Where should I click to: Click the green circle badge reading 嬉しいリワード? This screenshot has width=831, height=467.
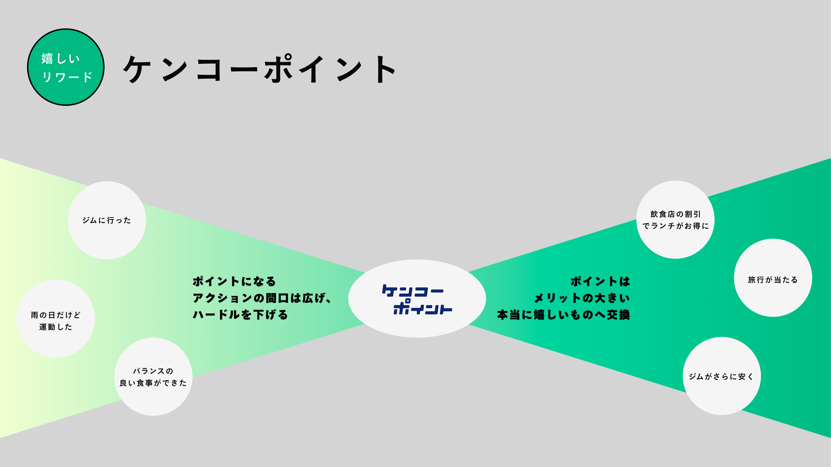click(x=66, y=67)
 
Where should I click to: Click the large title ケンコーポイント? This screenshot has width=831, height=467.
click(x=260, y=69)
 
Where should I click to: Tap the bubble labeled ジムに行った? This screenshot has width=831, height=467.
click(x=107, y=220)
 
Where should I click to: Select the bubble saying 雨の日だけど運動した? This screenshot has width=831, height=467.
click(x=55, y=318)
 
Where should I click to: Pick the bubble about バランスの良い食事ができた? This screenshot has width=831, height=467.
click(x=153, y=377)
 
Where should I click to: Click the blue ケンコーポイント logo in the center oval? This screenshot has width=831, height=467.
click(x=417, y=299)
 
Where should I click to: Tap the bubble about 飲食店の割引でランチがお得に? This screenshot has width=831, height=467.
click(x=675, y=219)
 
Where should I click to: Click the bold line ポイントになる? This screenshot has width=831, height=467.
click(x=234, y=281)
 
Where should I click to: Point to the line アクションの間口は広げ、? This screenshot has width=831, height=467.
click(x=262, y=298)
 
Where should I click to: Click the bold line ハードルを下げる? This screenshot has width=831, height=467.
click(x=240, y=315)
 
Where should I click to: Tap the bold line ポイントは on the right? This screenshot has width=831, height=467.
click(x=600, y=281)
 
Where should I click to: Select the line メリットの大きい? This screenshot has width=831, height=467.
click(x=582, y=298)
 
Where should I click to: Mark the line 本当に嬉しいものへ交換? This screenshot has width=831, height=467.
click(x=563, y=315)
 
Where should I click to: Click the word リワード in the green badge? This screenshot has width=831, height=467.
click(x=67, y=77)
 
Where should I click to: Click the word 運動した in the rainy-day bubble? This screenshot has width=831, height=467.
click(x=55, y=327)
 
